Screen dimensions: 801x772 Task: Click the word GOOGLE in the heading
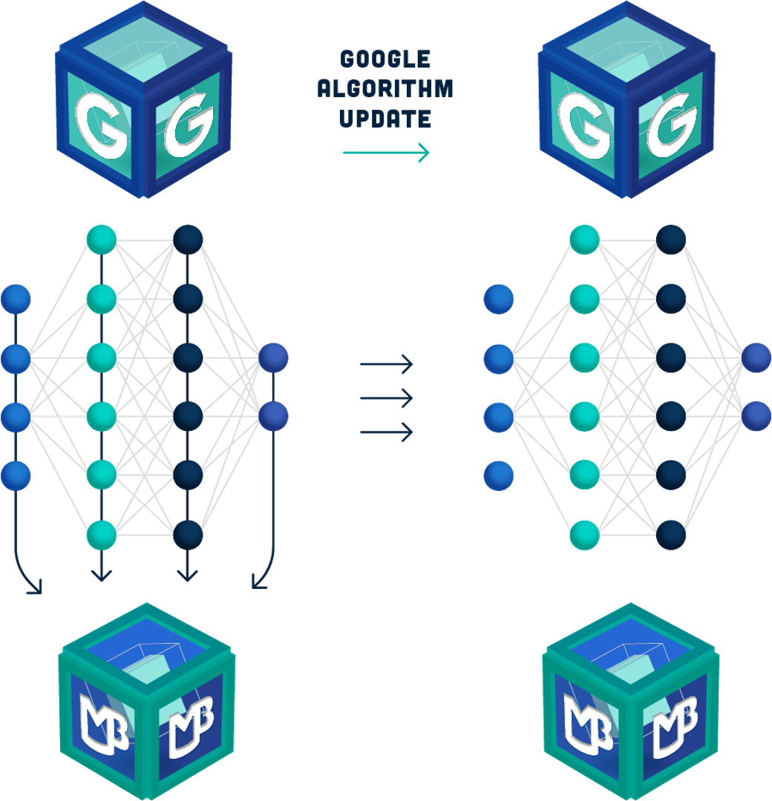coord(385,59)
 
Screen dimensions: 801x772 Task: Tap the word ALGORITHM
coord(385,89)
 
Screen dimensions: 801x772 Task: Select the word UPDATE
coord(385,119)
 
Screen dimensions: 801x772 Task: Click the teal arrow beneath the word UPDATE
coord(386,154)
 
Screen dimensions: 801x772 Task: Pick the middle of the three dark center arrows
coord(386,399)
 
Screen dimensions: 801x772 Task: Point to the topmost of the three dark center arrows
coord(386,364)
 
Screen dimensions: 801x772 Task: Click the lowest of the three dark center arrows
coord(386,432)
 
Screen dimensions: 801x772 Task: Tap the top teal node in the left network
coord(102,239)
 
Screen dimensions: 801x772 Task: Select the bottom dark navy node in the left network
coord(188,534)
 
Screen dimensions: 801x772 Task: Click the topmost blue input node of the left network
coord(16,300)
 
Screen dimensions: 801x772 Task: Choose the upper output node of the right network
coord(756,358)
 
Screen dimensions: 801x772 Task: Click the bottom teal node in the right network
coord(584,535)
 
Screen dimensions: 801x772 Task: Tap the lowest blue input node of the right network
coord(498,475)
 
